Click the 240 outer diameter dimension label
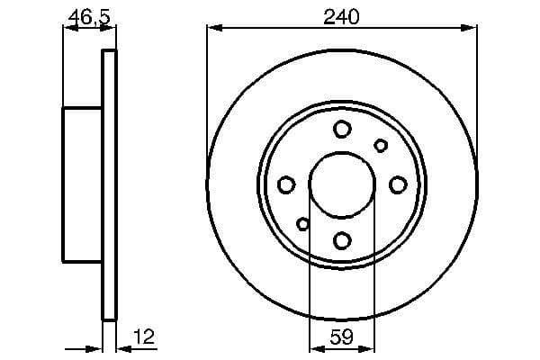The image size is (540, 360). coord(342,15)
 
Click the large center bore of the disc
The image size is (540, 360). coord(342,184)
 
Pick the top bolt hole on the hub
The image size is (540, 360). coord(342,130)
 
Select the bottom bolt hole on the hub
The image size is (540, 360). coord(342,240)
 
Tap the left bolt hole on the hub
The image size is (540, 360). coord(287,184)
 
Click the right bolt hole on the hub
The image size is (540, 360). coord(398,184)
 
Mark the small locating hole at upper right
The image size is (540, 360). coord(381,146)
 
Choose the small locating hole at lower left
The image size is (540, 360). coord(303,224)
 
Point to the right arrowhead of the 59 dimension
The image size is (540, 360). coord(369,348)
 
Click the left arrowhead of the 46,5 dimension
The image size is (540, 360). coord(67,29)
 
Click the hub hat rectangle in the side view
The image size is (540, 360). coord(82,184)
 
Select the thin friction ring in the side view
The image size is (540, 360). coord(110,184)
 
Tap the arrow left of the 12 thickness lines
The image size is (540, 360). coord(90,348)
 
